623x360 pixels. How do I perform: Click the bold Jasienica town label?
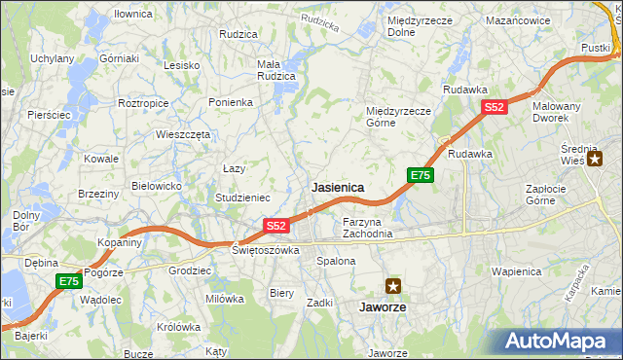[338, 187]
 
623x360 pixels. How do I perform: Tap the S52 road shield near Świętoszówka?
[276, 226]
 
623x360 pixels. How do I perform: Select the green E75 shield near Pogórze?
[67, 281]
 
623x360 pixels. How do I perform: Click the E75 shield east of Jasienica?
[420, 175]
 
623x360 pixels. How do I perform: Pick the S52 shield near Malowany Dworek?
[495, 108]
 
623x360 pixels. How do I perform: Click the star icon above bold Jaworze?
[393, 286]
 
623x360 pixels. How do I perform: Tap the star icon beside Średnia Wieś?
[595, 159]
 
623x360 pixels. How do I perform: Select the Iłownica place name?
[132, 14]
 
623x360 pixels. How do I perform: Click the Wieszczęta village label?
[183, 135]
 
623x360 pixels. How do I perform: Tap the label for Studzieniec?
[242, 198]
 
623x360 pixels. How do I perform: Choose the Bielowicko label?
[157, 185]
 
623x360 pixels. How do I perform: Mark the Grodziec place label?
[190, 270]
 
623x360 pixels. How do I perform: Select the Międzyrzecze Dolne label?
[415, 25]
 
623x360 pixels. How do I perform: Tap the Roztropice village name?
[144, 102]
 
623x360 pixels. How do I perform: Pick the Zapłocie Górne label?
[554, 195]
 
